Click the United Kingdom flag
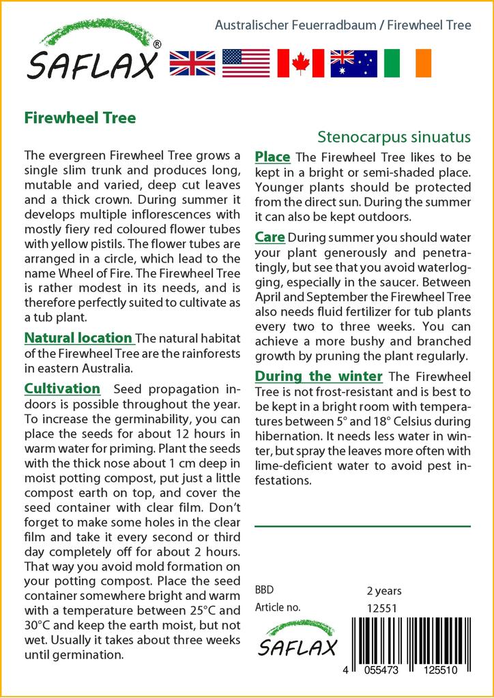[x=192, y=63]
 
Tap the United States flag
[x=246, y=63]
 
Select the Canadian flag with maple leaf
[x=300, y=63]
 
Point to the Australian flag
[x=353, y=63]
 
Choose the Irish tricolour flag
[x=408, y=63]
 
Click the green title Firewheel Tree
[x=80, y=117]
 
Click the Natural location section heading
[x=78, y=338]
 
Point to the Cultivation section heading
[x=62, y=389]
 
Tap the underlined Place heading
[x=272, y=157]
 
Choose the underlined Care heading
[x=270, y=237]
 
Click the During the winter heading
[x=318, y=376]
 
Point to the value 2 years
[x=384, y=590]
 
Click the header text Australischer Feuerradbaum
[x=295, y=26]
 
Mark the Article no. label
[x=277, y=607]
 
